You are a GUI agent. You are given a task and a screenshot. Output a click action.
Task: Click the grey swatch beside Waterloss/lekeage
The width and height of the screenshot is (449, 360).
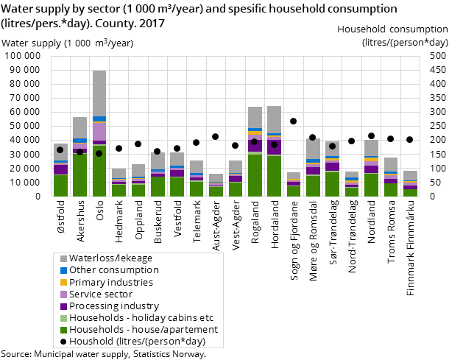(x=63, y=258)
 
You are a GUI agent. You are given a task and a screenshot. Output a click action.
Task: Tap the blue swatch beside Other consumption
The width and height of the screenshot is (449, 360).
(x=63, y=270)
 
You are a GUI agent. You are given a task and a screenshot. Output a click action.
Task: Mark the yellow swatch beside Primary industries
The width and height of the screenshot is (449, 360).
(x=63, y=282)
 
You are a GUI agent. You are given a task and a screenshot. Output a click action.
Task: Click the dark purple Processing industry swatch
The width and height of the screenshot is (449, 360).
(x=63, y=306)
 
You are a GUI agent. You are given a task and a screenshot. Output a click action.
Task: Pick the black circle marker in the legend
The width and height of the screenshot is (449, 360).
(x=63, y=341)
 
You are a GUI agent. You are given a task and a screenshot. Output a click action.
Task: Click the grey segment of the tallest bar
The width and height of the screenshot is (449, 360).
(x=99, y=93)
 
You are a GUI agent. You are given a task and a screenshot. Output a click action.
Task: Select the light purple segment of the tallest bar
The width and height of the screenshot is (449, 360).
(x=99, y=131)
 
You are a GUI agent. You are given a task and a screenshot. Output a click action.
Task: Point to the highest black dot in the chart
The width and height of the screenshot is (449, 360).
(x=293, y=121)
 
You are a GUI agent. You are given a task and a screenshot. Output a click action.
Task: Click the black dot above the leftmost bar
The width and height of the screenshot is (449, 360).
(x=60, y=149)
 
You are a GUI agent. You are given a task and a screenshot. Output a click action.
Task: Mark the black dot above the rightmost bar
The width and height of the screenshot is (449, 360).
(x=409, y=139)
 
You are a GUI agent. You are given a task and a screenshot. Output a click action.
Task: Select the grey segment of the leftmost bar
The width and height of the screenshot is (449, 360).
(x=60, y=152)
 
